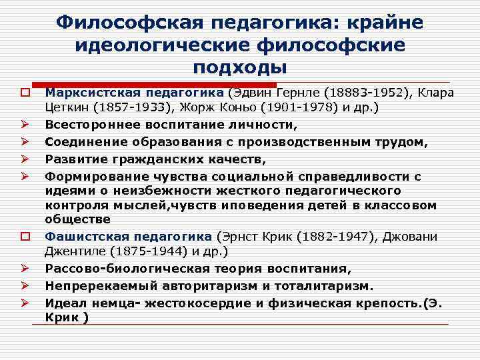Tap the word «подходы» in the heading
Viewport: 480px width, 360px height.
[240, 67]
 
